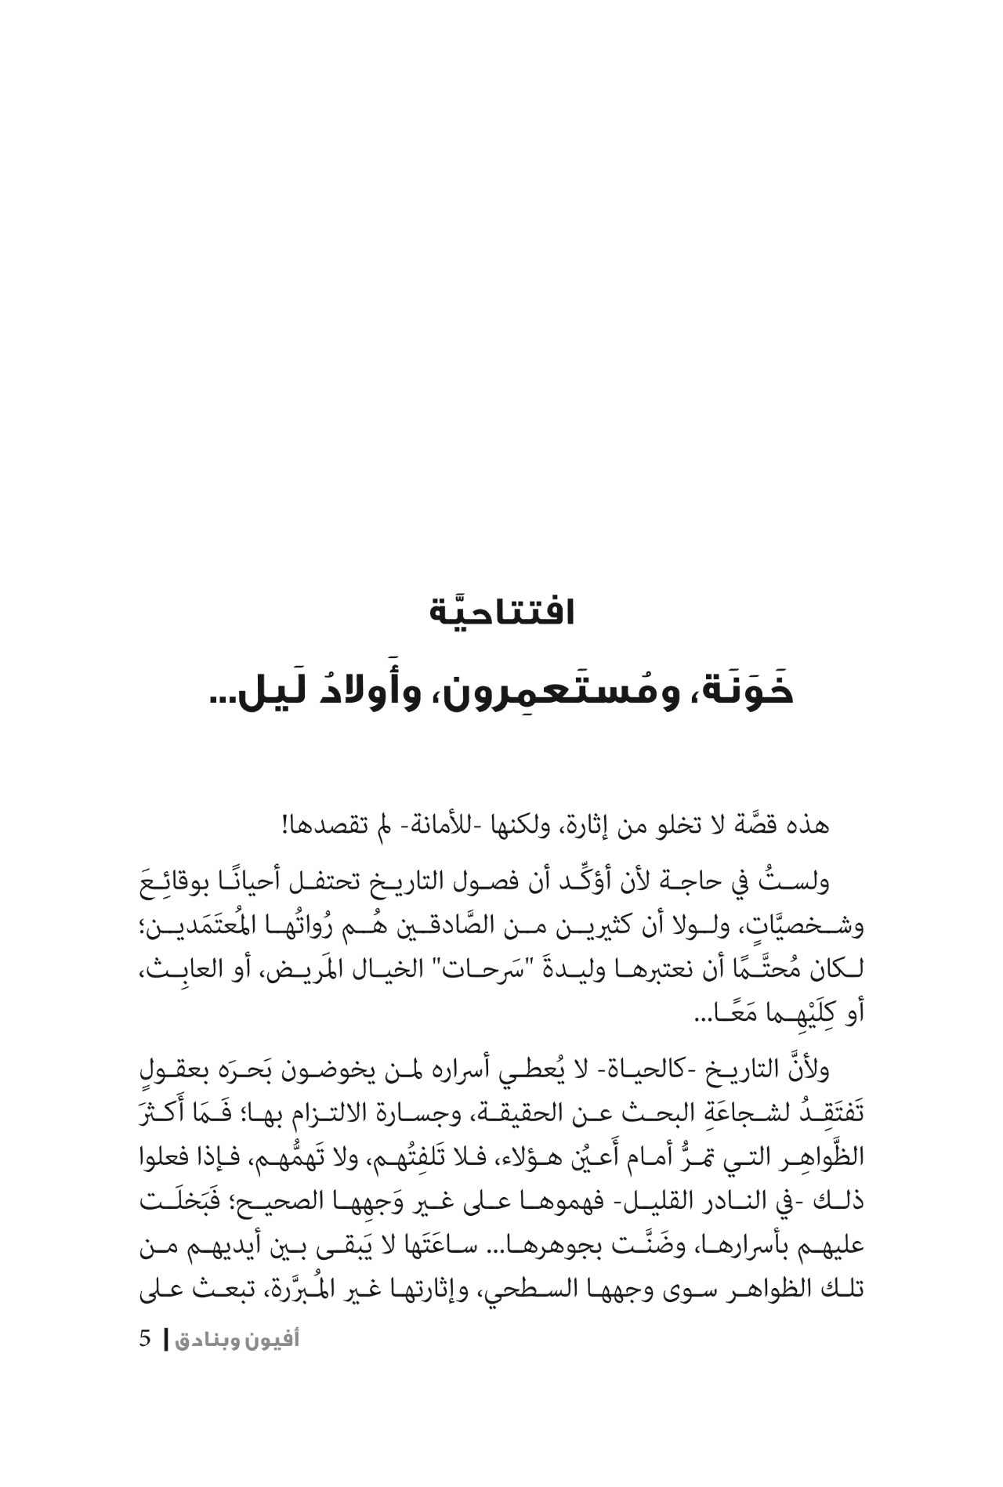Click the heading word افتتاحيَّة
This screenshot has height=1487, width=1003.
pyautogui.click(x=502, y=612)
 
